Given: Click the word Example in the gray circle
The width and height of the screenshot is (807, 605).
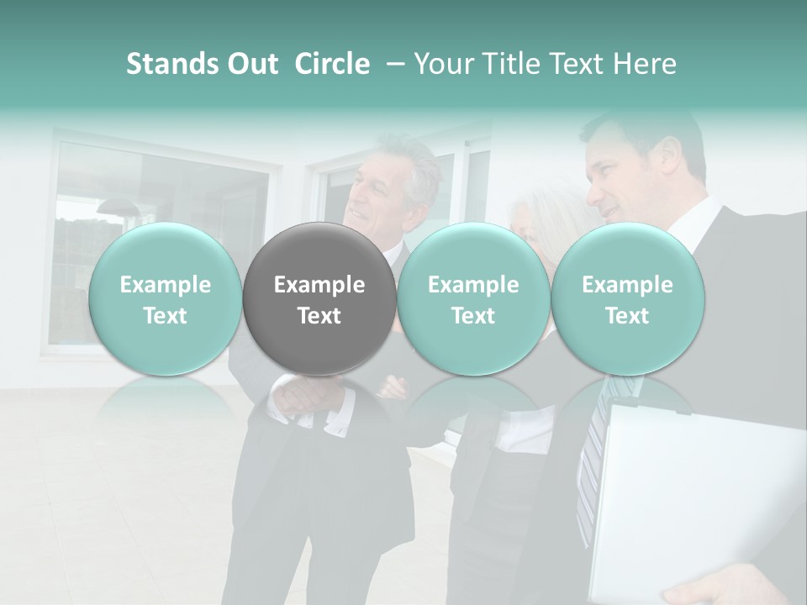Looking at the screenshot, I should pyautogui.click(x=319, y=285).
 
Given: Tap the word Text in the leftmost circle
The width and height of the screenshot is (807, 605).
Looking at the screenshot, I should pyautogui.click(x=166, y=316).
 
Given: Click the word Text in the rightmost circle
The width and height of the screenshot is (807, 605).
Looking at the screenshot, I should pyautogui.click(x=628, y=316).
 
